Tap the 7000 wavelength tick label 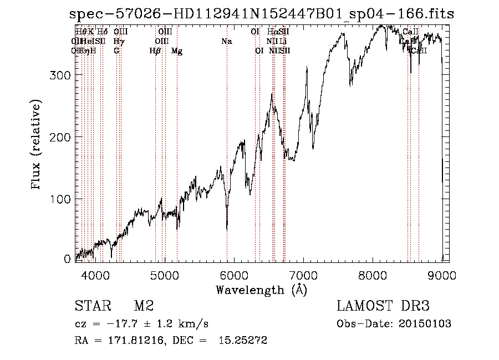(303, 274)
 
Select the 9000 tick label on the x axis (442, 274)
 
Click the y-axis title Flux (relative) (37, 145)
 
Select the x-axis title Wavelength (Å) (261, 290)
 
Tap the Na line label (226, 42)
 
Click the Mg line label (177, 51)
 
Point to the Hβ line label (155, 51)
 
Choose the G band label (116, 51)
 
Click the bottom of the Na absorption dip (227, 228)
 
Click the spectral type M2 (143, 306)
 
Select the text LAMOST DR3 (383, 306)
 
